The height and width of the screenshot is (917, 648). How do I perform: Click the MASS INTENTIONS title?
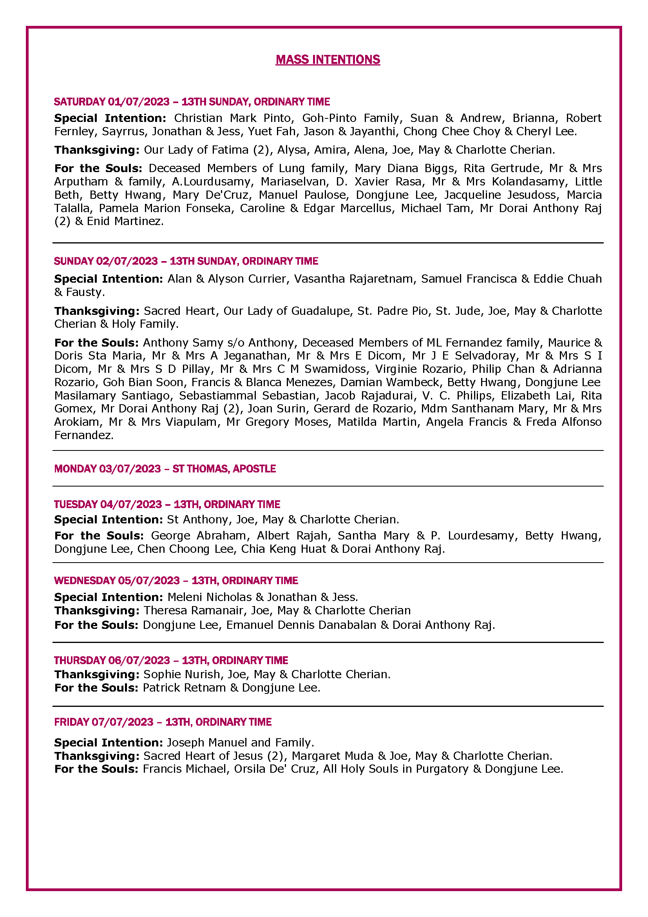(x=328, y=60)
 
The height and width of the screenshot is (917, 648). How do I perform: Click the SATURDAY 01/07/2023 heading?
(x=192, y=102)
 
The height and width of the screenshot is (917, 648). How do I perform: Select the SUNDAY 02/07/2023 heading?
(x=186, y=261)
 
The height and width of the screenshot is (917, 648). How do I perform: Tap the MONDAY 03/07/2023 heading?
(x=165, y=468)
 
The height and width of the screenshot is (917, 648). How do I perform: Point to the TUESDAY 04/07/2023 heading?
(x=167, y=504)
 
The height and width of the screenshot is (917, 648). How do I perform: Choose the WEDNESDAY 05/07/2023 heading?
(x=176, y=580)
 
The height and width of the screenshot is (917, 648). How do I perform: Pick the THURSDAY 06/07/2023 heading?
(x=171, y=660)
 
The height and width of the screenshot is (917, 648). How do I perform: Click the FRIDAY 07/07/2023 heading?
(x=163, y=722)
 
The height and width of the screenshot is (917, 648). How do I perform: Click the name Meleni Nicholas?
(x=210, y=597)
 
